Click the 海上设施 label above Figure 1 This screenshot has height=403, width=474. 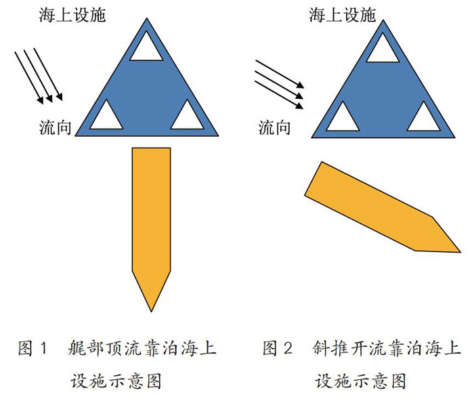coord(71,15)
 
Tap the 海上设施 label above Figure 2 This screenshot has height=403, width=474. coord(343,15)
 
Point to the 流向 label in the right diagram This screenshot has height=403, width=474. coord(275,127)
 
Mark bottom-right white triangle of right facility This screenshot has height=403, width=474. coord(423,116)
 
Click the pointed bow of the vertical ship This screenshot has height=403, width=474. coord(150,301)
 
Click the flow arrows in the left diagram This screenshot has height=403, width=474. coord(39,77)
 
